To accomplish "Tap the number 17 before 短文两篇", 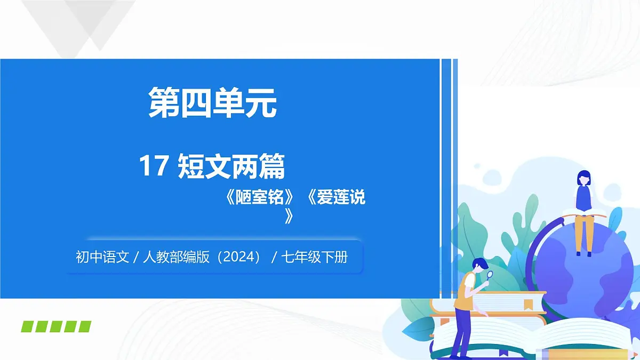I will [154, 166].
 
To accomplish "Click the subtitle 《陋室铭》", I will [260, 198].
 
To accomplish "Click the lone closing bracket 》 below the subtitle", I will [289, 216].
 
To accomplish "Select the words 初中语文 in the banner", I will [102, 258].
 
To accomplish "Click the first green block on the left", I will [28, 326].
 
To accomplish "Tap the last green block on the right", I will [84, 326].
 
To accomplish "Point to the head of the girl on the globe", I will [584, 178].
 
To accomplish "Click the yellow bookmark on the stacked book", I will [528, 305].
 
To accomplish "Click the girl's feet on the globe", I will [583, 254].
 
